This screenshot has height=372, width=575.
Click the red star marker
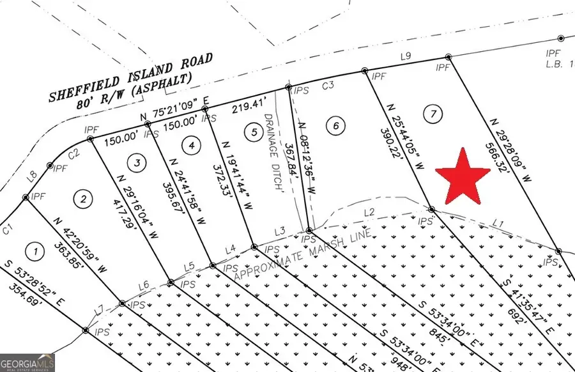463,176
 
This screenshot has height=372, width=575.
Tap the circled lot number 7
433,114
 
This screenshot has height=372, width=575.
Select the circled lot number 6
334,125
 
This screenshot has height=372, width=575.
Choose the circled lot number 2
82,199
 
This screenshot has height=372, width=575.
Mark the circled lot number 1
36,251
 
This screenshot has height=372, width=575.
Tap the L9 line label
404,57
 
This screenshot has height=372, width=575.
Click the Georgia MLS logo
27,362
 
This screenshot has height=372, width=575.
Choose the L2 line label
369,212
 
